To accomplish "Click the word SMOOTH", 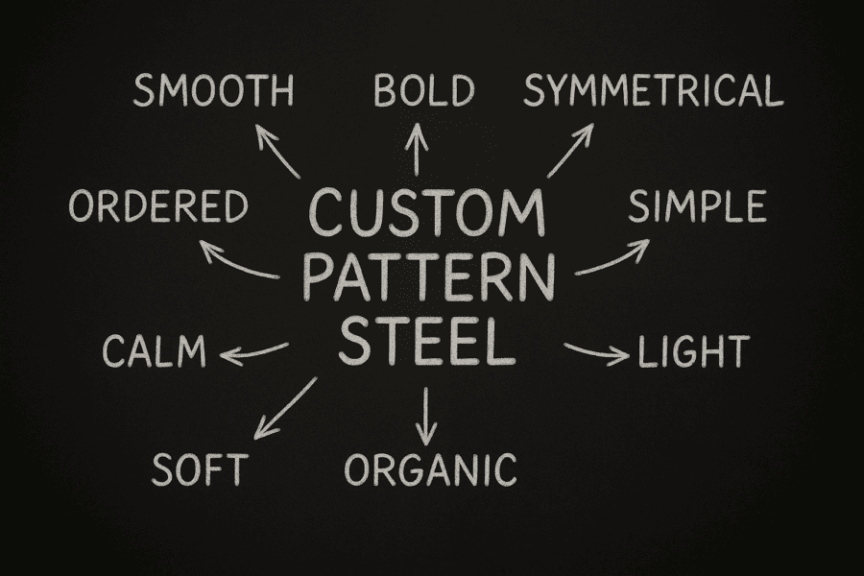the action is (x=213, y=91).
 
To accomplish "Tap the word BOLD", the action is (x=424, y=90).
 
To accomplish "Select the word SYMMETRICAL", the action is (x=654, y=91).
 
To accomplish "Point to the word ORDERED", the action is (x=158, y=206).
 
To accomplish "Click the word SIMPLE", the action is (x=698, y=206).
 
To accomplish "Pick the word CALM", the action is (x=155, y=350).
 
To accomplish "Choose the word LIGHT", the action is (x=694, y=351).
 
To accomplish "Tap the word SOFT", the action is (x=200, y=469).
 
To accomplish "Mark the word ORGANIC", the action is (x=430, y=470).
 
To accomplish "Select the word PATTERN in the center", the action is (x=429, y=277).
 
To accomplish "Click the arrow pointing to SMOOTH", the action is (x=277, y=151).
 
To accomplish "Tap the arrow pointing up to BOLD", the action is (x=417, y=149).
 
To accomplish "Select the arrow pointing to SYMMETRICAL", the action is (x=570, y=150).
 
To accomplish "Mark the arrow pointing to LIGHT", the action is (x=597, y=352).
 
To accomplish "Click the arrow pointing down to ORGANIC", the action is (x=425, y=416).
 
